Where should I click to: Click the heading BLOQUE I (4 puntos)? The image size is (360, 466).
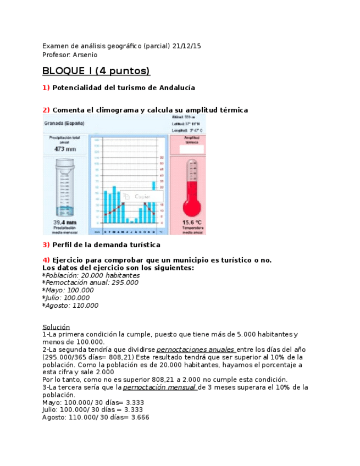[x=96, y=71]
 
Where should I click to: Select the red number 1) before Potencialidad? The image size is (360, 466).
[x=46, y=88]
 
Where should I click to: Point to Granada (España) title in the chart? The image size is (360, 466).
[x=64, y=123]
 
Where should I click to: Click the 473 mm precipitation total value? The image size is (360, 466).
[x=65, y=148]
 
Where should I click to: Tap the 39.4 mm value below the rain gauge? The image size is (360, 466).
[x=64, y=223]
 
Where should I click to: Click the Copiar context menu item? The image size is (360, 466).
[x=142, y=196]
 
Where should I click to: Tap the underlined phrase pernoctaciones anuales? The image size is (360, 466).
[x=196, y=349]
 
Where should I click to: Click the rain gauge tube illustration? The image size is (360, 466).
[x=64, y=187]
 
